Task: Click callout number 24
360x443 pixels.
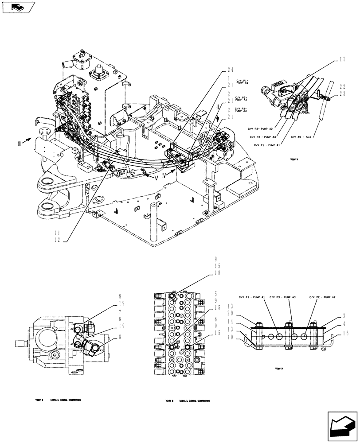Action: point(230,69)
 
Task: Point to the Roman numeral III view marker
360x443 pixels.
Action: point(18,143)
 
